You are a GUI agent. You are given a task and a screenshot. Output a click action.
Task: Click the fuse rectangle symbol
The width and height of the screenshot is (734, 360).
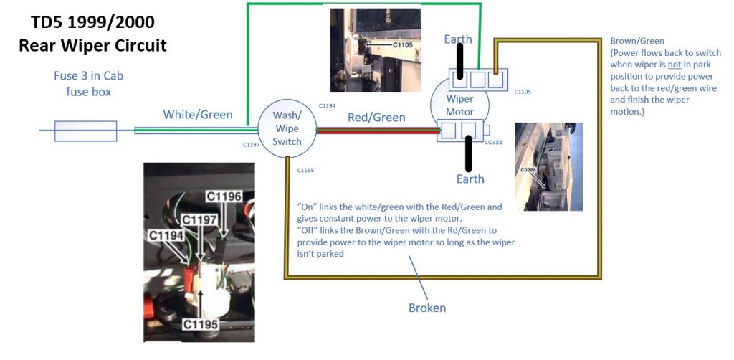[86, 131]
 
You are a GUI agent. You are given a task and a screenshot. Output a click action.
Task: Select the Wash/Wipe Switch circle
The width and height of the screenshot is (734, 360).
[287, 128]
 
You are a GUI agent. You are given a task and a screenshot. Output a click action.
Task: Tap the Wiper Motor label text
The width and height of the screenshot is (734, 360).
[459, 105]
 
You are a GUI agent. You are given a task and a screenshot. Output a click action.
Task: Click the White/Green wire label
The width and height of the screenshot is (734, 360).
[198, 114]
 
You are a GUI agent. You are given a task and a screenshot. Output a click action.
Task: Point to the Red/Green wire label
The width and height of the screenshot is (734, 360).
[376, 117]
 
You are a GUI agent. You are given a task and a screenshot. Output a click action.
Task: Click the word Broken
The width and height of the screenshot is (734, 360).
[427, 308]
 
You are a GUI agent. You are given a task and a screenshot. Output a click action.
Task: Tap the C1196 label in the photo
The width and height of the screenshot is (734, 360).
[224, 196]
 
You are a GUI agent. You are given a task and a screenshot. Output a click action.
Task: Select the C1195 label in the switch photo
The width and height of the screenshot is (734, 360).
[201, 324]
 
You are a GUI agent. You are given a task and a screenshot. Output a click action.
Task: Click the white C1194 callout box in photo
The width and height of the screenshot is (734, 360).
[166, 235]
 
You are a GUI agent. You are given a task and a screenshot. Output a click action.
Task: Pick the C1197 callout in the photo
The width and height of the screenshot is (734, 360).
[199, 219]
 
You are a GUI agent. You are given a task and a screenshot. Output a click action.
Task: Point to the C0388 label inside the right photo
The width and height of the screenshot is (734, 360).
[528, 170]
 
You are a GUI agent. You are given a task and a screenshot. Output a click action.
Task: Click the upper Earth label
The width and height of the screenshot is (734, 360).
[458, 39]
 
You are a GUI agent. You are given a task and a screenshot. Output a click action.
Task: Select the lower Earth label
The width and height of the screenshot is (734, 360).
[470, 179]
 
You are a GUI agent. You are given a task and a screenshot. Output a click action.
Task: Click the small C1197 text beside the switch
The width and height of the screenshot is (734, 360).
[251, 145]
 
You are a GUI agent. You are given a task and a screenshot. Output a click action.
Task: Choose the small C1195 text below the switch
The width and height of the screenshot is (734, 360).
[305, 170]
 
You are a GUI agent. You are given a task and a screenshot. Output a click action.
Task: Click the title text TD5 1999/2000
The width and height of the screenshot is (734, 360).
[92, 22]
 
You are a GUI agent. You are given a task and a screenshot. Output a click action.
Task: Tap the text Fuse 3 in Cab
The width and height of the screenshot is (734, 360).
[88, 75]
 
